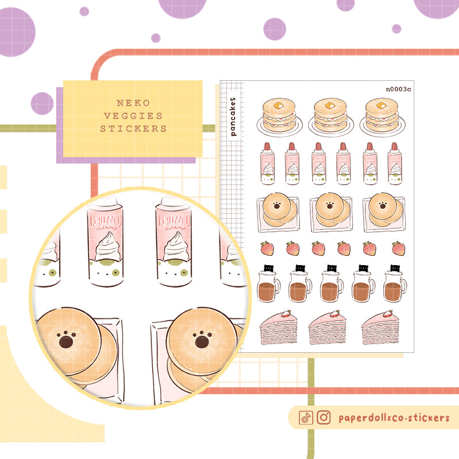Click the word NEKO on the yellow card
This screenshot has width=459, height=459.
coord(133,103)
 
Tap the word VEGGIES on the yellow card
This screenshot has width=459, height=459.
coord(133,116)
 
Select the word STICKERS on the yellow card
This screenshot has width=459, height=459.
coord(133,129)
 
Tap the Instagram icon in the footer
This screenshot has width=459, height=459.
coord(324,418)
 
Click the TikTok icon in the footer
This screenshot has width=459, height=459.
coord(306,418)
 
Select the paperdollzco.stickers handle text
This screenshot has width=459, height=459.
coord(394,418)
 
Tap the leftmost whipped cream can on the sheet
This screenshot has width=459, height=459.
coord(267,164)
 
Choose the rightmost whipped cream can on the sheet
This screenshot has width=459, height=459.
coord(395,164)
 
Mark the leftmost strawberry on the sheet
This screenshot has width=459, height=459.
coord(267,248)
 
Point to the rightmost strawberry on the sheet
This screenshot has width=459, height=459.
coord(398,248)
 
